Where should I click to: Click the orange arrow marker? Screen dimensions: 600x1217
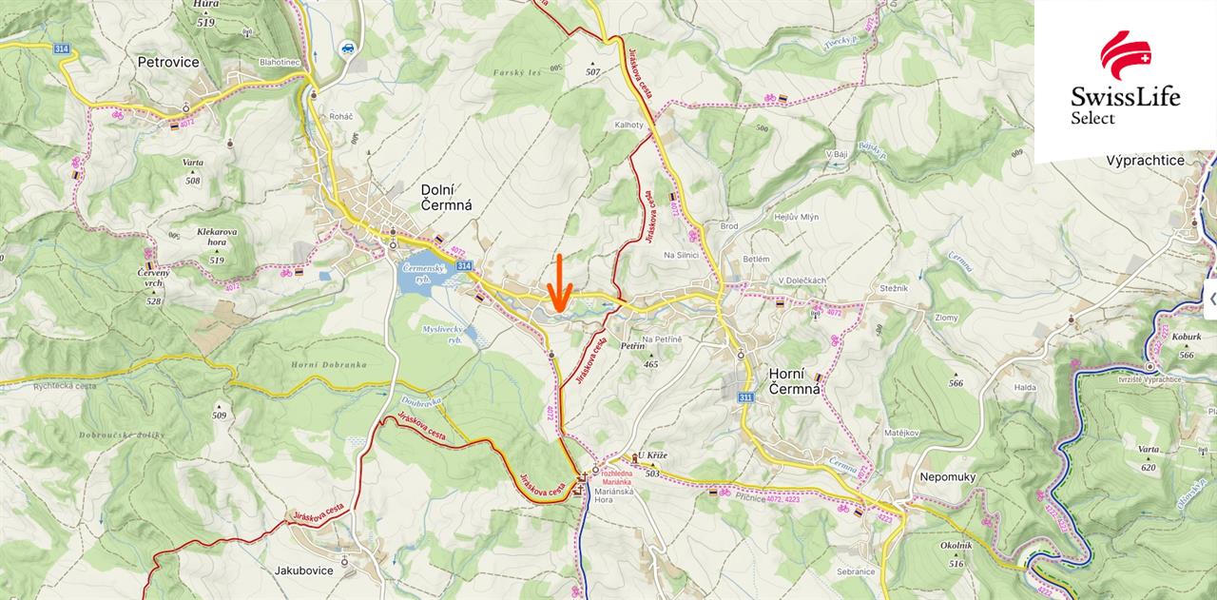click(559, 283)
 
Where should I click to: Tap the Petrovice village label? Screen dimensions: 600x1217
click(168, 63)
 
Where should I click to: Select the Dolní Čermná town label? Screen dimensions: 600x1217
click(446, 197)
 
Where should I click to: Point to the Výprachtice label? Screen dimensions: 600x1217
click(1145, 161)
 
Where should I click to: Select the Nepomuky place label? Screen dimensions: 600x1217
click(948, 476)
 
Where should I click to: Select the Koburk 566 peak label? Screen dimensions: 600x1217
click(1185, 341)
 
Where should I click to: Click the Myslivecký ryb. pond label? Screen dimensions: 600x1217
click(441, 333)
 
